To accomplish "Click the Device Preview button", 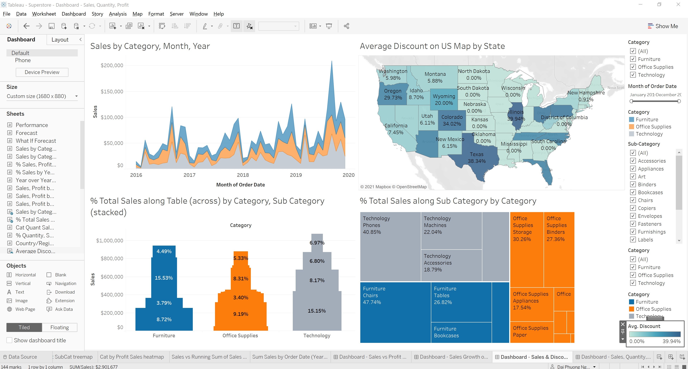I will pos(42,72).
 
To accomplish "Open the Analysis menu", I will pos(118,14).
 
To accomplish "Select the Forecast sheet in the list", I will pos(27,133).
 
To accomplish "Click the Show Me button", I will pos(663,26).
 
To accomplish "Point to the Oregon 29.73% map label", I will pos(393,94).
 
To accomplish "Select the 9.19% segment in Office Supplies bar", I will pos(241,314).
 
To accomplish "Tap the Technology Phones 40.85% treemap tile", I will pos(390,246).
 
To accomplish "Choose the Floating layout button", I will pos(59,327).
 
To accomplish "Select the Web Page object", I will pos(25,309).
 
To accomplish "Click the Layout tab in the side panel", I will pos(60,40).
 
